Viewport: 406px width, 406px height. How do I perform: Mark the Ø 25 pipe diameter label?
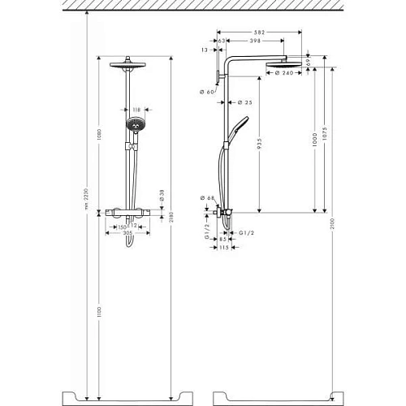point(244,102)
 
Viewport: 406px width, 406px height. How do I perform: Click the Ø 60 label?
point(206,92)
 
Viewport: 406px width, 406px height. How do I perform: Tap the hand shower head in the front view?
point(133,126)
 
